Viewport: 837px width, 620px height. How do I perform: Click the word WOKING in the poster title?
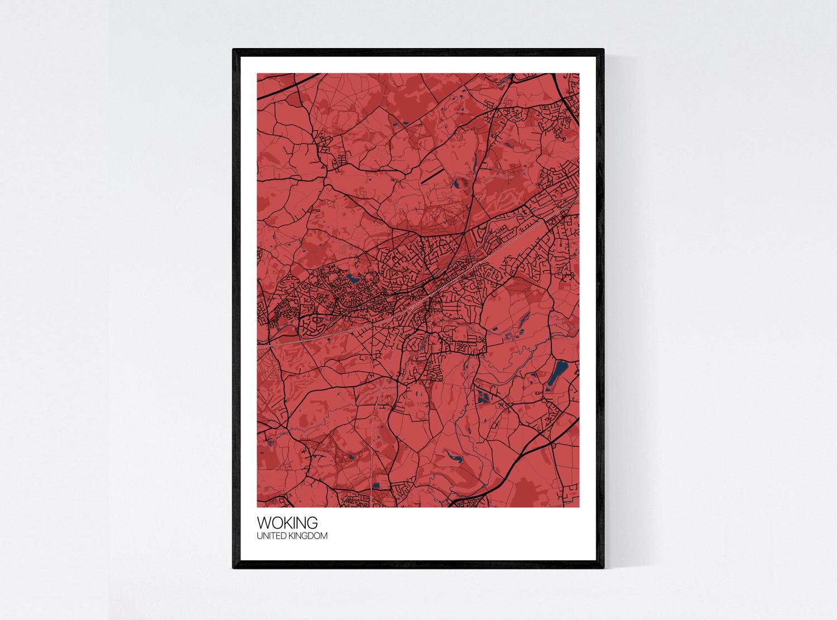click(x=287, y=523)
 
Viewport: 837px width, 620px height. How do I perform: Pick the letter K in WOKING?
click(x=288, y=523)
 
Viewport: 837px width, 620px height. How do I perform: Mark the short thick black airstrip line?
click(x=431, y=176)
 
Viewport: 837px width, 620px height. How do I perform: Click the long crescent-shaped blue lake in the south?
click(x=454, y=459)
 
